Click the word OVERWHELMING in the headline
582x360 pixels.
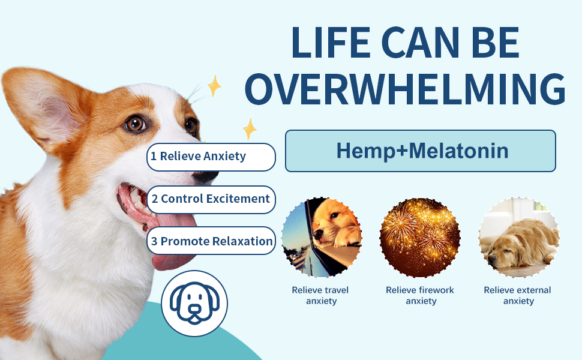[x=405, y=89]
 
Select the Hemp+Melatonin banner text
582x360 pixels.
[x=422, y=151]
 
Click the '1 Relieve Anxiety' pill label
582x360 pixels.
[x=211, y=157]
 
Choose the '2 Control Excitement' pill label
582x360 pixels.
[x=211, y=200]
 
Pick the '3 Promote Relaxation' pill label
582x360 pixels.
[x=211, y=241]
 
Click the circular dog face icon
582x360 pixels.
[x=194, y=303]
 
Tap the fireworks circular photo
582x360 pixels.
[x=420, y=238]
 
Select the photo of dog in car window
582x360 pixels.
[x=322, y=238]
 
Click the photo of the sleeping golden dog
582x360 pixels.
[x=518, y=238]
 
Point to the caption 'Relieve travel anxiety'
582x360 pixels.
[x=320, y=295]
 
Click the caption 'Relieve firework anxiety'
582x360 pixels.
[x=420, y=295]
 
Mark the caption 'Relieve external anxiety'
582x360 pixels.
[x=517, y=295]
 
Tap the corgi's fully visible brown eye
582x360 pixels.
[x=135, y=124]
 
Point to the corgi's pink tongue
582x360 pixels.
[x=173, y=238]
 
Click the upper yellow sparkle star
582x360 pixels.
[x=214, y=86]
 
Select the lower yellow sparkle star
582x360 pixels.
[x=250, y=129]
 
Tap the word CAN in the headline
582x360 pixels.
[x=420, y=43]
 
